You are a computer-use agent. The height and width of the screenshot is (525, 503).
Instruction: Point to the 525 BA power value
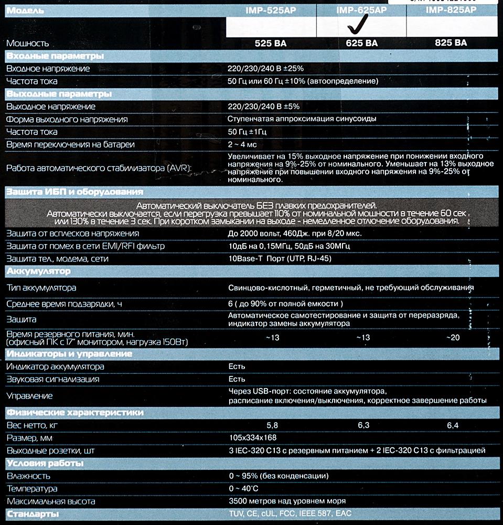[x=271, y=43]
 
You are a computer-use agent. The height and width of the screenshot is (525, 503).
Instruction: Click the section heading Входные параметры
[x=55, y=56]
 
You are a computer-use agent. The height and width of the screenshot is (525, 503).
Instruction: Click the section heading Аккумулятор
[x=38, y=271]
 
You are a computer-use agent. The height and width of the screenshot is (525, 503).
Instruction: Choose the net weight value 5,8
[x=272, y=425]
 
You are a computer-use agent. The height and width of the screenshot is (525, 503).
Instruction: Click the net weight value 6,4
[x=453, y=425]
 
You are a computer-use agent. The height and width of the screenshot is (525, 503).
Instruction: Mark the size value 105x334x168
[x=253, y=438]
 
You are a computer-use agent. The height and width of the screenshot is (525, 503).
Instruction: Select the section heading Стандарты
[x=32, y=513]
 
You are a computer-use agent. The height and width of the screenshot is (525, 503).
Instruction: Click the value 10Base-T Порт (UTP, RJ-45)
[x=280, y=259]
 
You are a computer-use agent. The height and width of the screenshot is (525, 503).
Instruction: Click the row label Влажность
[x=28, y=476]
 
